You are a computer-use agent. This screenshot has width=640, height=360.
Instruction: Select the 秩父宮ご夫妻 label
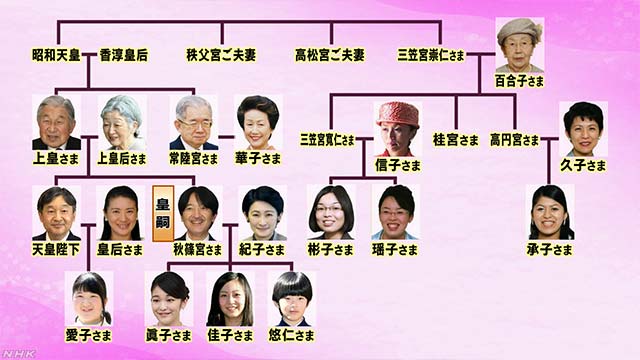[219, 55]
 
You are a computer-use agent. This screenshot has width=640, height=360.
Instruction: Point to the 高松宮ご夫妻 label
[329, 55]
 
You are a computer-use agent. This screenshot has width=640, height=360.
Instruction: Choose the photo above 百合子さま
[519, 43]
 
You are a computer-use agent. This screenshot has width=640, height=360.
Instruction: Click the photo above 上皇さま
[56, 122]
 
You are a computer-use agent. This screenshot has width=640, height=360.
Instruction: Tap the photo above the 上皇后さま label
[122, 122]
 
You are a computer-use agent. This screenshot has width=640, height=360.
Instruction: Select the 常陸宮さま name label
[193, 158]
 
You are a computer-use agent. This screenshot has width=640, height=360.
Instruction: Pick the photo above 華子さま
[257, 122]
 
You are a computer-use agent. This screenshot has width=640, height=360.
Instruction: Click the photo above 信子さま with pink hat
[398, 127]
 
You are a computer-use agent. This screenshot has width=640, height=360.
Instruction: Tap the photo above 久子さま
[583, 129]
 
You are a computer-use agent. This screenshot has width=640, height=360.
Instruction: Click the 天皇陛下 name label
[57, 249]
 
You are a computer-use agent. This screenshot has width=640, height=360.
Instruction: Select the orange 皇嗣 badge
[163, 212]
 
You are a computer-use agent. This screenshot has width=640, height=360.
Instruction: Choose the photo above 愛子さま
[89, 298]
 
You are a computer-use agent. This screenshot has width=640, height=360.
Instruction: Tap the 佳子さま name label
[229, 335]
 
